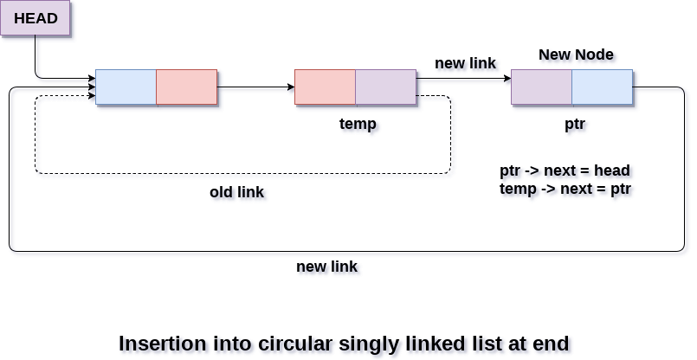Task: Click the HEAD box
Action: (x=35, y=18)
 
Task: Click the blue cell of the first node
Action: (x=126, y=87)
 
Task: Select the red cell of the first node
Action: (x=186, y=87)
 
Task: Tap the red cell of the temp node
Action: (x=325, y=87)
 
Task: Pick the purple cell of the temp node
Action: (x=385, y=87)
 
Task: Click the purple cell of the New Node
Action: (x=541, y=87)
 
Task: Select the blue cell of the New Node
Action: (x=602, y=87)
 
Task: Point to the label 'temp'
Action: (x=358, y=124)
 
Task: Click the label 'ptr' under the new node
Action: (x=575, y=124)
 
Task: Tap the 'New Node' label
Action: (x=576, y=55)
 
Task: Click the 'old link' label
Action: (x=236, y=191)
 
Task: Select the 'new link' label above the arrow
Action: (x=465, y=63)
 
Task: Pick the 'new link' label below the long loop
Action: (x=326, y=266)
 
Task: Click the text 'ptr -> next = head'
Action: (x=565, y=170)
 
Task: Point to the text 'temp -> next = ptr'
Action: (x=565, y=189)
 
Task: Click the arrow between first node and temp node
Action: (x=255, y=87)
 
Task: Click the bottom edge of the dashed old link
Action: (x=242, y=173)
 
